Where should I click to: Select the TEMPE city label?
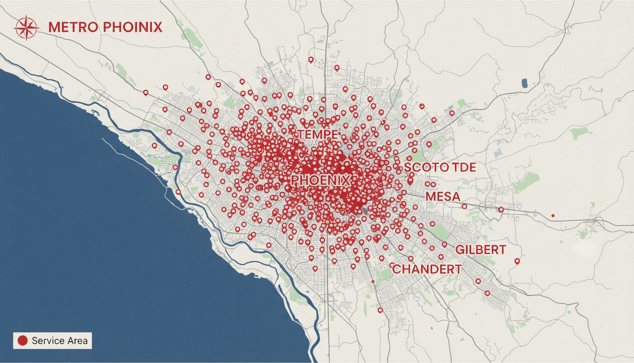click(x=317, y=134)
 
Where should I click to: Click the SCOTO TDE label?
click(x=440, y=167)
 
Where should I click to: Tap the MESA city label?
click(x=442, y=196)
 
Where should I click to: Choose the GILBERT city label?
click(x=481, y=250)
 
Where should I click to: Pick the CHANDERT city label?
click(x=426, y=269)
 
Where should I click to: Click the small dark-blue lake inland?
click(x=525, y=83)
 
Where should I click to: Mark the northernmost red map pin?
click(x=310, y=60)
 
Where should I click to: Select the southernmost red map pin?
click(x=380, y=310)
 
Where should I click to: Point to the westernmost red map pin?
click(x=145, y=92)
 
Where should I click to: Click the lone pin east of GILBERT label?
click(x=517, y=261)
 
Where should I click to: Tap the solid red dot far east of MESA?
click(x=553, y=216)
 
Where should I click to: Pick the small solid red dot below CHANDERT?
click(x=373, y=282)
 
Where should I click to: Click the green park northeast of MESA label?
click(x=527, y=182)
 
